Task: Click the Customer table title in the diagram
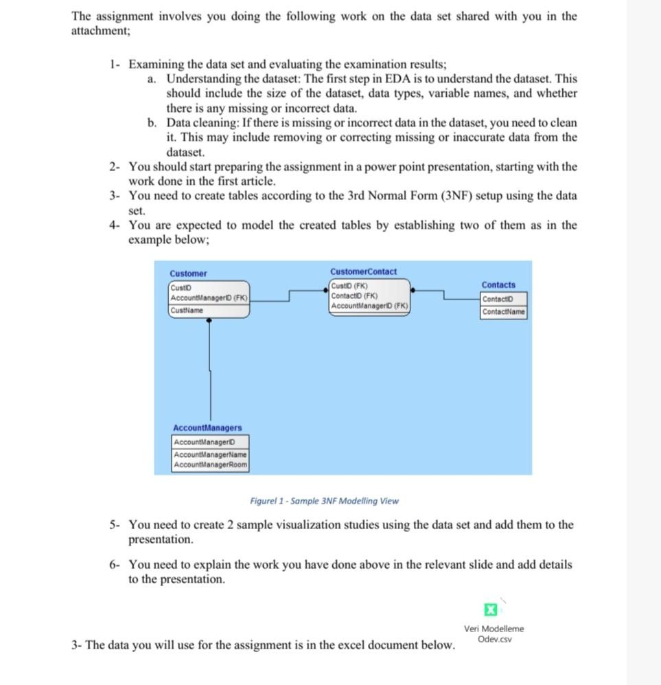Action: pyautogui.click(x=188, y=273)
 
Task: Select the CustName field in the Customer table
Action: pyautogui.click(x=187, y=311)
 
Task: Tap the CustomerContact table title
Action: pyautogui.click(x=363, y=271)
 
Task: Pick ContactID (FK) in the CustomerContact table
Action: pyautogui.click(x=350, y=295)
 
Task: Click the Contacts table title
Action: pyautogui.click(x=498, y=284)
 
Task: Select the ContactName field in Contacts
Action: pyautogui.click(x=504, y=312)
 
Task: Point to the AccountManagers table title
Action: pyautogui.click(x=207, y=427)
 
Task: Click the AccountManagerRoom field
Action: pyautogui.click(x=210, y=465)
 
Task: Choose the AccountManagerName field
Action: pyautogui.click(x=210, y=455)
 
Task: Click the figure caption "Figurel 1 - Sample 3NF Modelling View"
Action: pyautogui.click(x=324, y=501)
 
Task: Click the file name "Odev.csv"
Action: pyautogui.click(x=494, y=640)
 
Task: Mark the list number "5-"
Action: pyautogui.click(x=116, y=525)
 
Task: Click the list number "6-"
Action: pyautogui.click(x=116, y=565)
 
